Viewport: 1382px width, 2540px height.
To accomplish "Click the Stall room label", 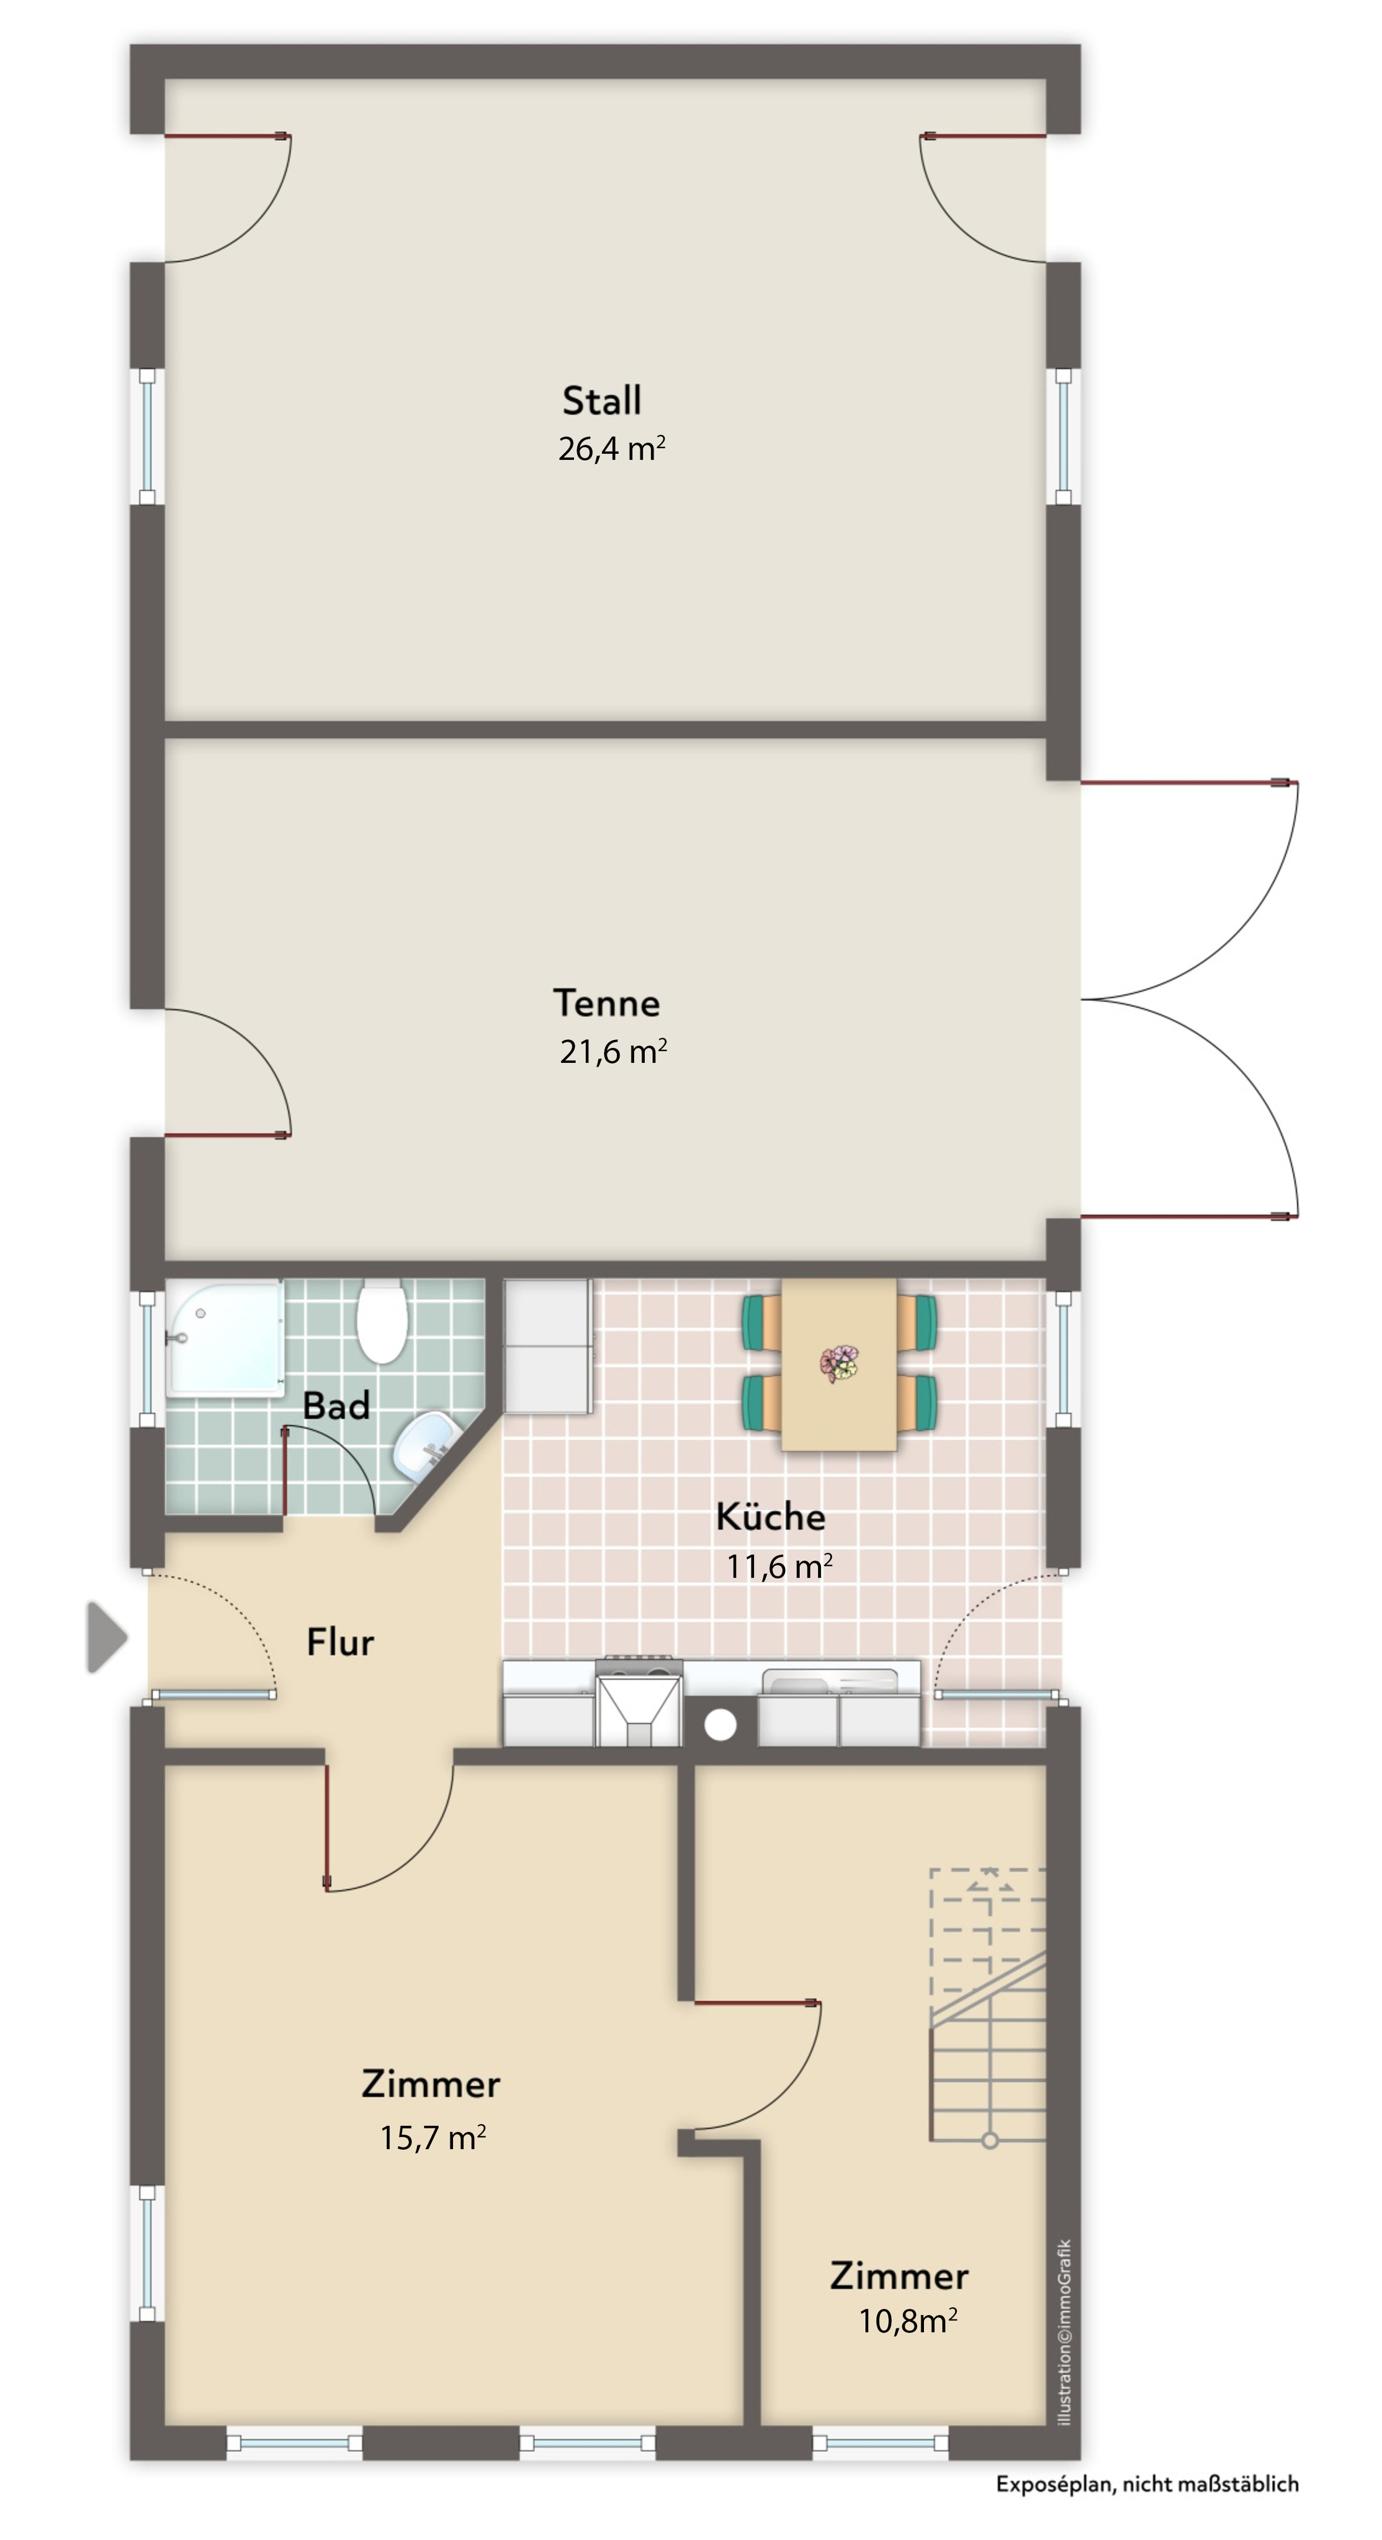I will (x=601, y=401).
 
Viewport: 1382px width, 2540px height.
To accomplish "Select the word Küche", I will (x=770, y=1517).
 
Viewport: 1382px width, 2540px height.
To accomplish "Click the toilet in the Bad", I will (x=382, y=1321).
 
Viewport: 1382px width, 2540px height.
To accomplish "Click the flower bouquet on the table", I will (x=840, y=1364).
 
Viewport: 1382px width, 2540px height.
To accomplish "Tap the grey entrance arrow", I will (x=105, y=1638).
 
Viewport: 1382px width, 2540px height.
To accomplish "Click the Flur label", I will (x=339, y=1643).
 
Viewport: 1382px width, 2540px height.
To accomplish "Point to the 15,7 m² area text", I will (x=432, y=2138).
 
